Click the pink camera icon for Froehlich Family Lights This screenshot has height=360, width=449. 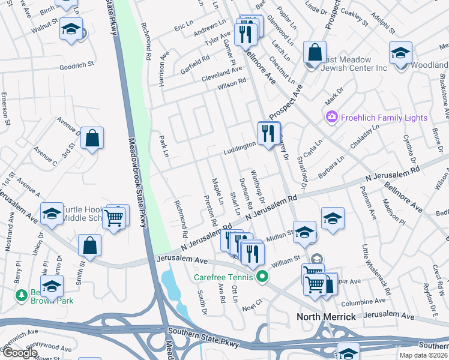point(331,118)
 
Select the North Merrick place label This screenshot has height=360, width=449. point(327,316)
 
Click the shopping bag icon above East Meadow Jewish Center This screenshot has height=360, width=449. point(315,52)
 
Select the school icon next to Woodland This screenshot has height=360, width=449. point(400,53)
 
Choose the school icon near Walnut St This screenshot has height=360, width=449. point(71,29)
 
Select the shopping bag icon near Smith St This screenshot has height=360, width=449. point(89,246)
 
